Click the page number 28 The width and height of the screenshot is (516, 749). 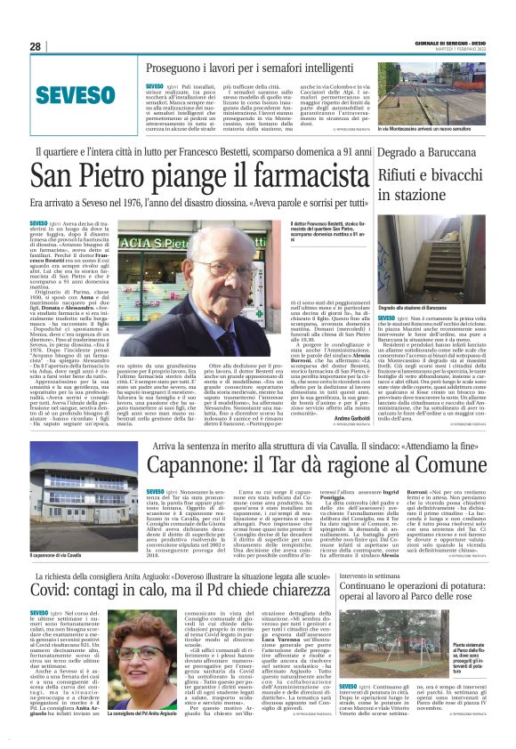click(x=36, y=46)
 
